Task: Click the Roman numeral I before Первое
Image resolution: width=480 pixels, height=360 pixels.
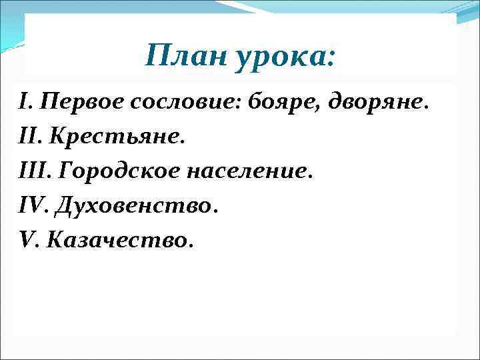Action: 24,102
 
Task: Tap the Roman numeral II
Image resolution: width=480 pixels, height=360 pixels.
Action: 27,137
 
